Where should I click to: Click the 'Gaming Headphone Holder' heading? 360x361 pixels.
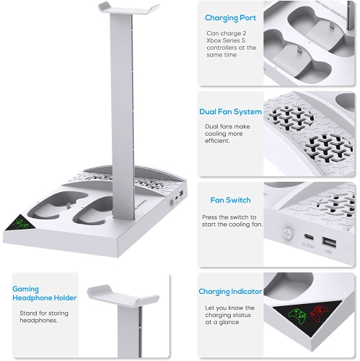(35, 294)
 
